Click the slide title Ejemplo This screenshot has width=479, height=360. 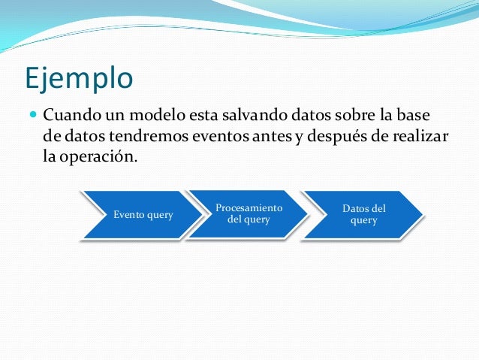tap(79, 77)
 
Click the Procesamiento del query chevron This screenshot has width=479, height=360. tap(248, 214)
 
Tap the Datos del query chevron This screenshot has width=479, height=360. tap(363, 215)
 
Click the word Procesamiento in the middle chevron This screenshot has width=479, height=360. tap(249, 207)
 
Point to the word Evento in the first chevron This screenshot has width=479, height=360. tap(129, 215)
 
